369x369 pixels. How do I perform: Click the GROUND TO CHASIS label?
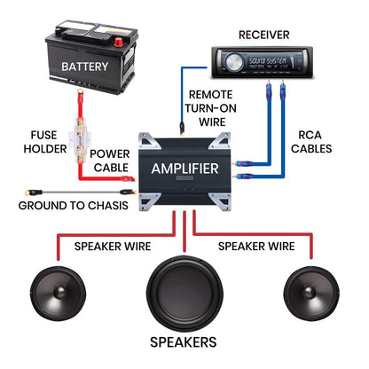74,206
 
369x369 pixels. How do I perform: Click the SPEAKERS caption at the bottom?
184,342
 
